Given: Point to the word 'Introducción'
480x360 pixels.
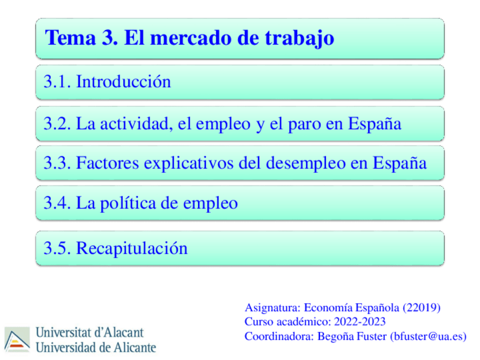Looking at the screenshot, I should click(x=123, y=82).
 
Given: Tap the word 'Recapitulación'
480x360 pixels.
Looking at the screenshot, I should click(x=131, y=248).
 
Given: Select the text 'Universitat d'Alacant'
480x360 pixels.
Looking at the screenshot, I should click(x=90, y=332).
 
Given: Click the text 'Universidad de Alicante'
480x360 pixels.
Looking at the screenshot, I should click(x=96, y=346).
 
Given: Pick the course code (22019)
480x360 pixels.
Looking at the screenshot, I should click(x=421, y=308).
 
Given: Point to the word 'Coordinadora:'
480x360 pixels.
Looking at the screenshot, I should click(x=276, y=336).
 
